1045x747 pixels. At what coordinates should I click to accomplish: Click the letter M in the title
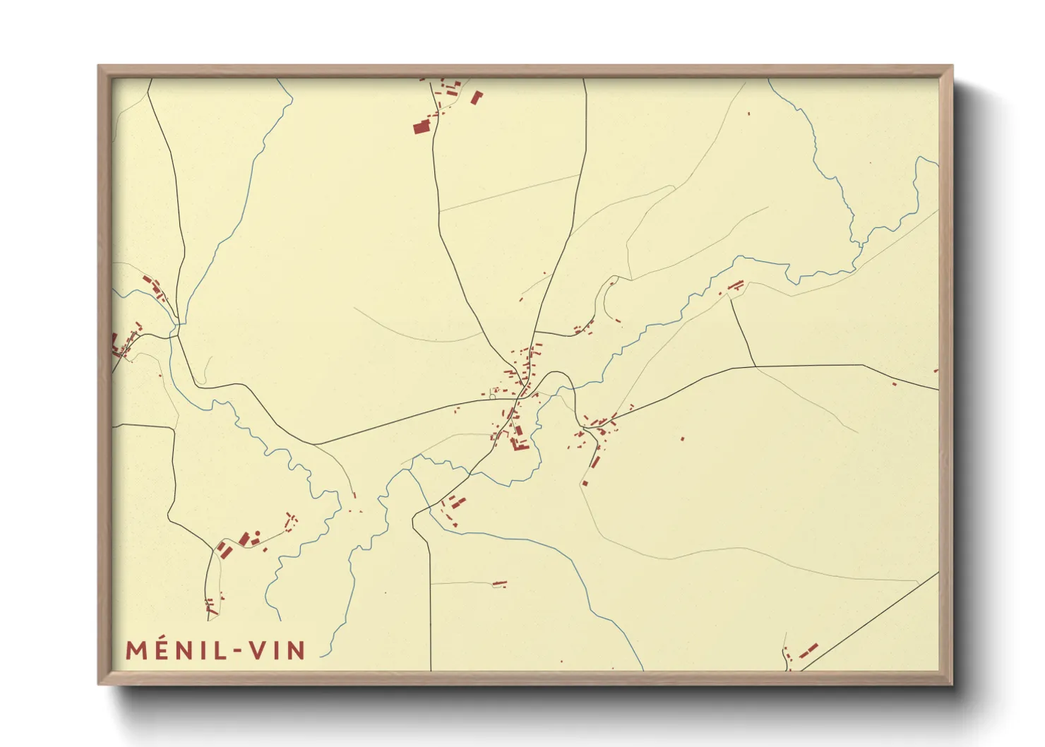tap(136, 650)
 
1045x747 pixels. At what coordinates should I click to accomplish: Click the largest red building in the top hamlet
tap(421, 127)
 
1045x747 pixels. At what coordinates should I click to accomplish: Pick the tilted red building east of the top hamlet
tap(476, 97)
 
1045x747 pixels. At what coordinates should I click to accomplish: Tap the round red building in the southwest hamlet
tap(257, 534)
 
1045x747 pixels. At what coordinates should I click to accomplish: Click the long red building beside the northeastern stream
tap(736, 285)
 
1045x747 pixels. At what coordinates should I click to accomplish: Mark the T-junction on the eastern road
tap(756, 366)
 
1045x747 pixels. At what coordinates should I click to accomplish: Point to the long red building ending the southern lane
tap(500, 583)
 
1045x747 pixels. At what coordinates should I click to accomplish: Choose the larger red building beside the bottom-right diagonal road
tap(811, 648)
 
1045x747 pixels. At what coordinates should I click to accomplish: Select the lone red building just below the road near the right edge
tap(894, 384)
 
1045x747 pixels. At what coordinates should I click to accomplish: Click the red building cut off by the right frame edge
tap(936, 370)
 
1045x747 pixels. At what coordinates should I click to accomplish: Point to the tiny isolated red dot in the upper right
tap(748, 113)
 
